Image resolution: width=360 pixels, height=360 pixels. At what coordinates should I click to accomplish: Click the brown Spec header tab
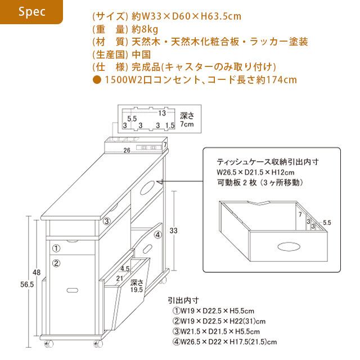click(x=31, y=12)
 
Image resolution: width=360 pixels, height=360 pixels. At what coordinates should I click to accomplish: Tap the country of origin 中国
click(x=141, y=55)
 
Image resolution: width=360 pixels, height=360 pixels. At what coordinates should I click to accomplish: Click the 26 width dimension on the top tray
click(x=127, y=150)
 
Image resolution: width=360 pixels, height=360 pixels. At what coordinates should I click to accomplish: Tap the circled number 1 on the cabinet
click(x=56, y=248)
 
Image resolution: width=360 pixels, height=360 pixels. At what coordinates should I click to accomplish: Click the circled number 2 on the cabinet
click(x=56, y=263)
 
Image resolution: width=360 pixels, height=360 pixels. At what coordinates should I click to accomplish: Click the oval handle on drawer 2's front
click(x=73, y=290)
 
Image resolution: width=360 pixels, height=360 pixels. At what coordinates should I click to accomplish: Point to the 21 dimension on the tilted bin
click(x=119, y=277)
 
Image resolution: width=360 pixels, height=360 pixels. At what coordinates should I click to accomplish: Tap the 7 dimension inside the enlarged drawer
click(x=300, y=214)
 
